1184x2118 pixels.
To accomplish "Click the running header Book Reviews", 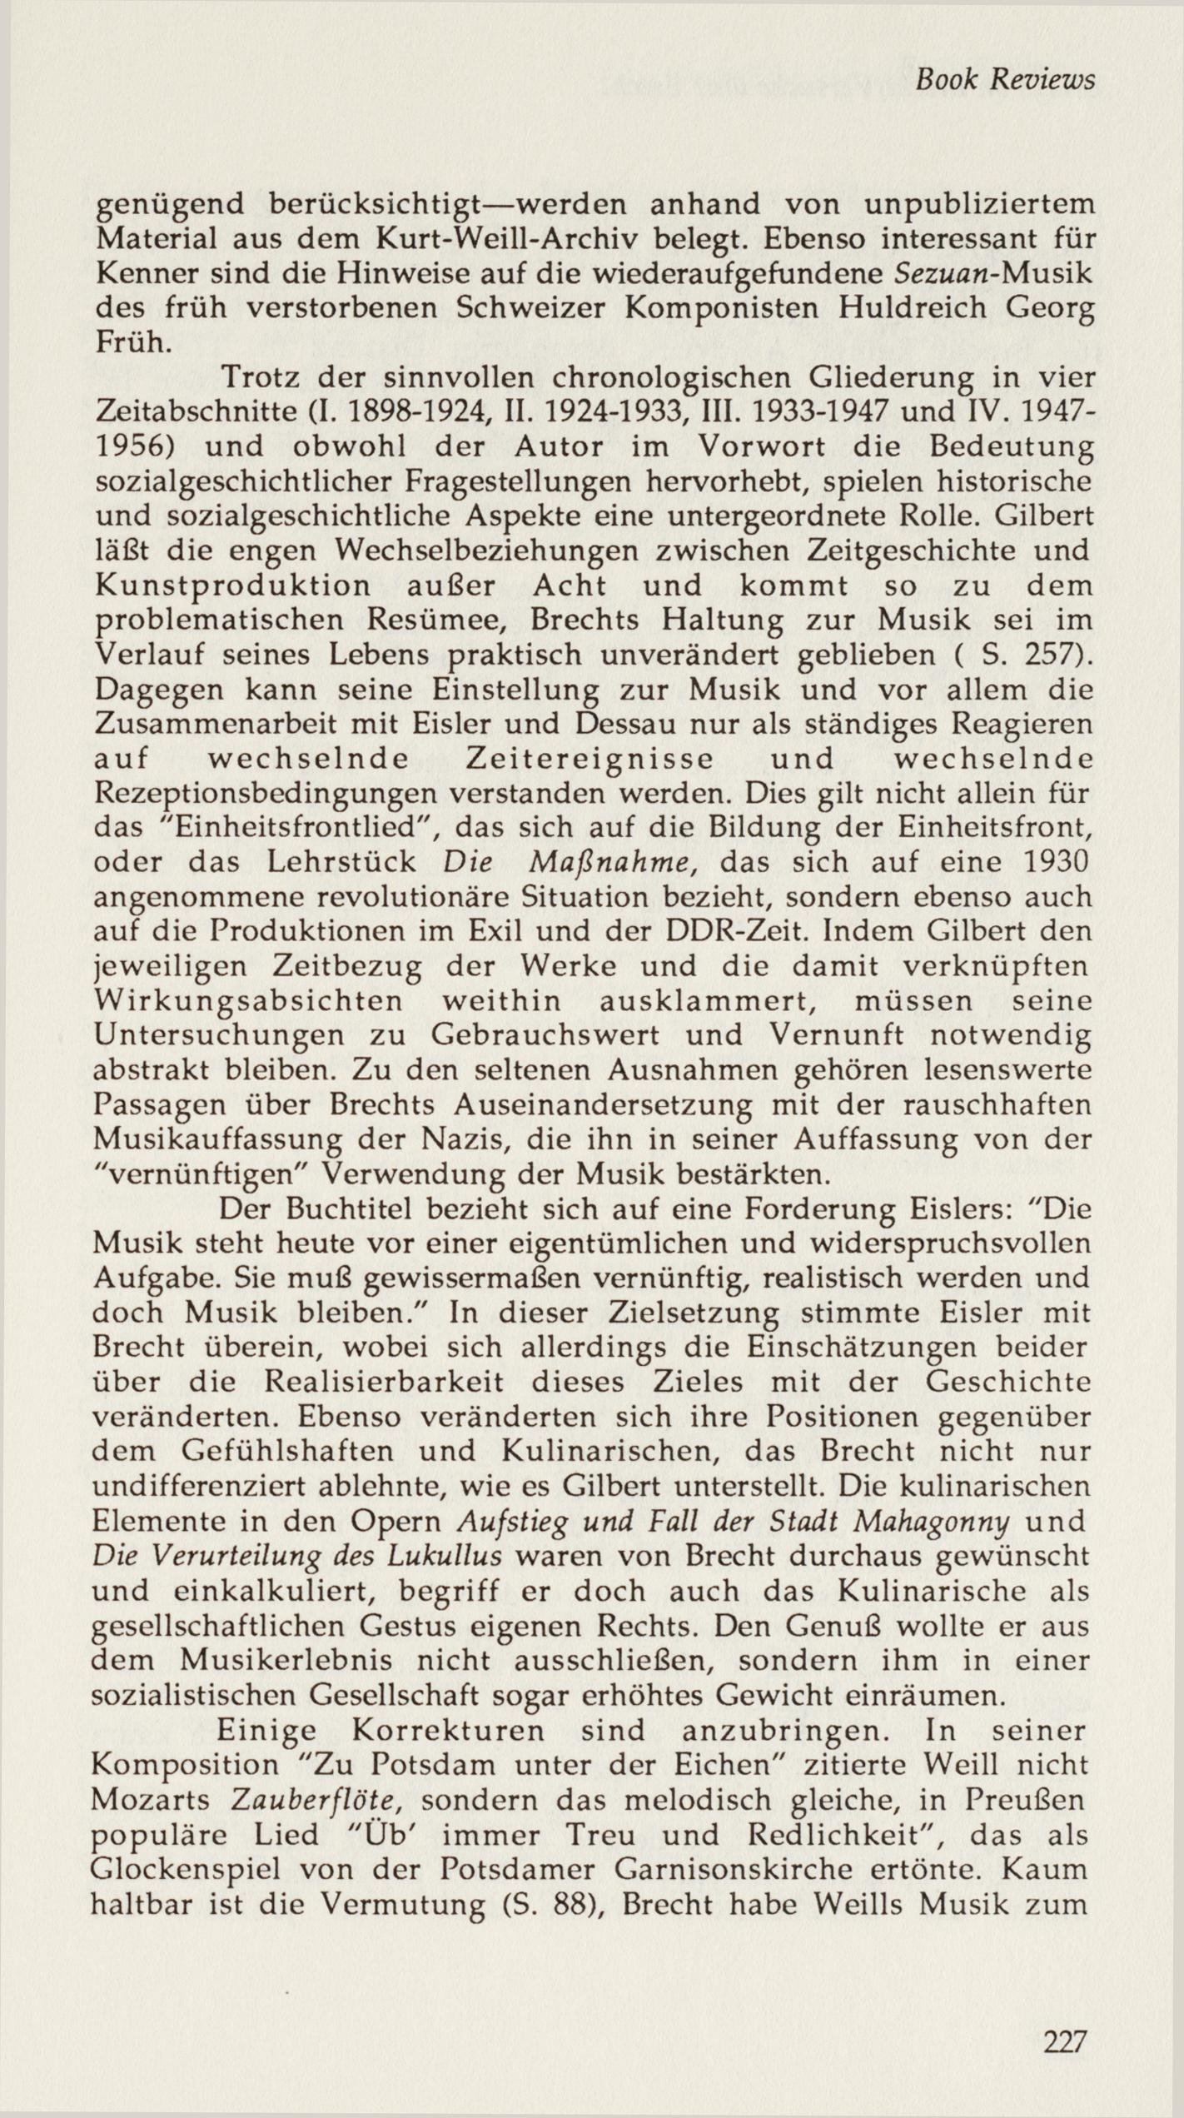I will click(1003, 79).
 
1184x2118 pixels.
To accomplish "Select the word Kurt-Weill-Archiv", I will click(511, 239).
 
